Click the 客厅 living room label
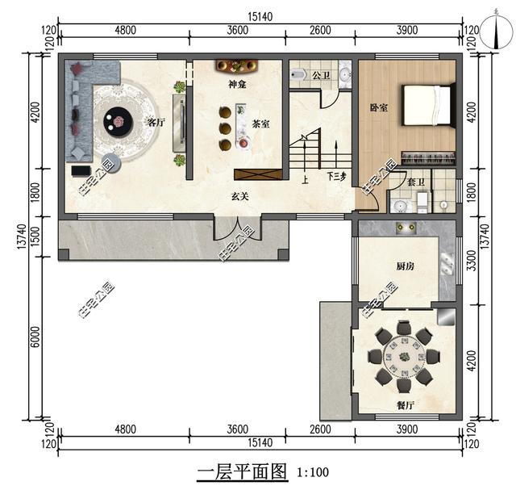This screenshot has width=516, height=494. tap(155, 123)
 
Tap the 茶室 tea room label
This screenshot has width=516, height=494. tap(260, 124)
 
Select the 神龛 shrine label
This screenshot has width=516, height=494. tap(237, 85)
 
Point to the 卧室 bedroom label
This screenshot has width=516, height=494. tap(378, 108)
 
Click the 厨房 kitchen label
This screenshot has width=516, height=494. tap(405, 266)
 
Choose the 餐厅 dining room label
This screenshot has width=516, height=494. tap(405, 405)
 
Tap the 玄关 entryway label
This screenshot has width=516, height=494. tap(239, 197)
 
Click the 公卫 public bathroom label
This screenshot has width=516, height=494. tap(321, 75)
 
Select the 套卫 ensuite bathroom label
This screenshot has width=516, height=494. tap(416, 182)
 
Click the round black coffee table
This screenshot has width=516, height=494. tap(119, 122)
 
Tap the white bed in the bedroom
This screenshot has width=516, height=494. tap(427, 105)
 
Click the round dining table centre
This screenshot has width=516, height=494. tap(403, 357)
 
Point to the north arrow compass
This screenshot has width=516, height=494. tap(496, 31)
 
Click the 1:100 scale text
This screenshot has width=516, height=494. tap(313, 472)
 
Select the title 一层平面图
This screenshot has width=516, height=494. tap(242, 472)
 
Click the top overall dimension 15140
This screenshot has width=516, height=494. tap(260, 16)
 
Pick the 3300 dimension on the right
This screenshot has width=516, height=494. tap(472, 261)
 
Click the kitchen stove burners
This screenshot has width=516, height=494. tap(406, 228)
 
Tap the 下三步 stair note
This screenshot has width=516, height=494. tap(336, 177)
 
